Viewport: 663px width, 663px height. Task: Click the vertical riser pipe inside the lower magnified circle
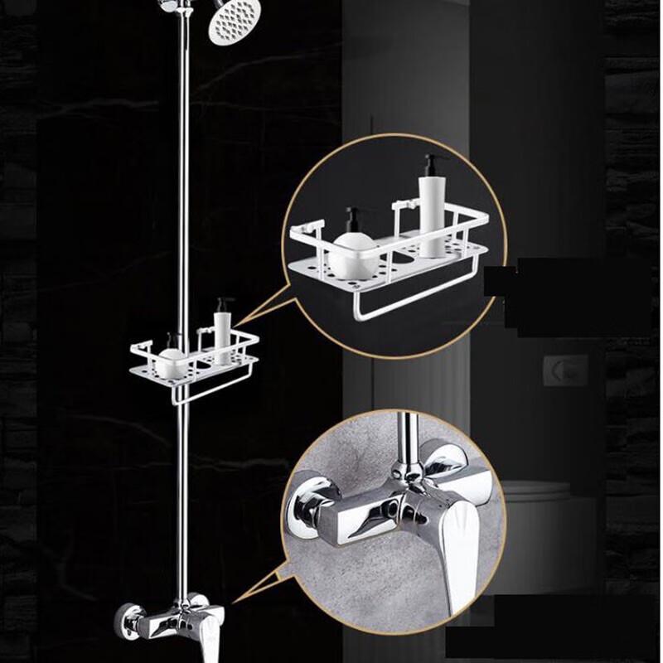point(407,439)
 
